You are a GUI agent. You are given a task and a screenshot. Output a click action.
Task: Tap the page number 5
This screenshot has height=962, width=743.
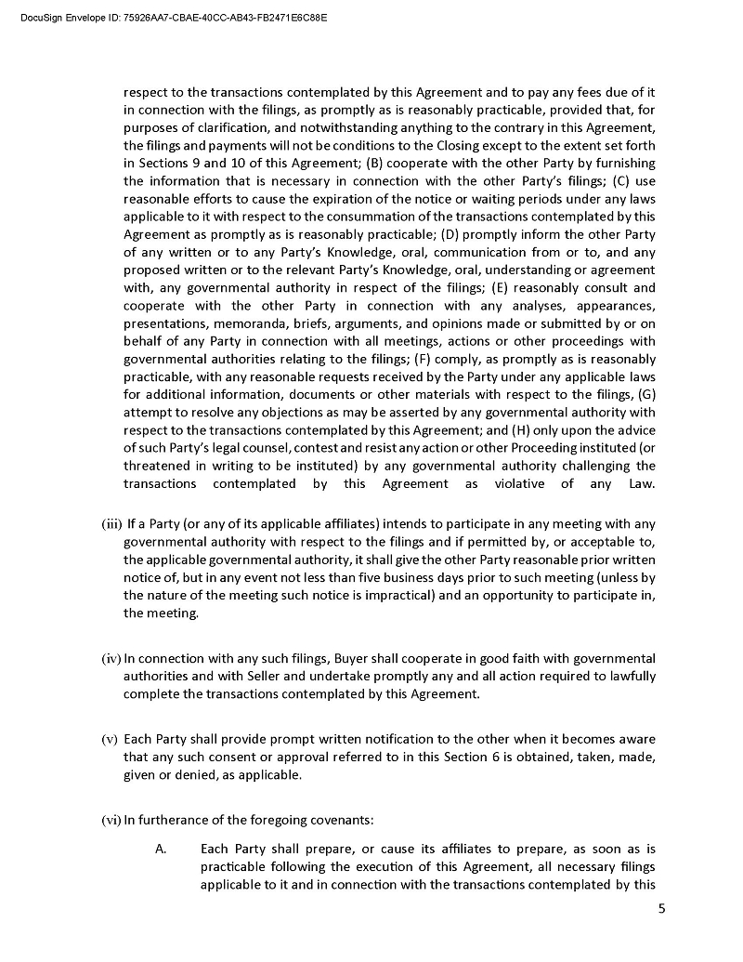pos(661,909)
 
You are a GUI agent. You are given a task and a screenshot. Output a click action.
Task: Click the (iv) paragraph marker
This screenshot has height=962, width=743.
pos(111,659)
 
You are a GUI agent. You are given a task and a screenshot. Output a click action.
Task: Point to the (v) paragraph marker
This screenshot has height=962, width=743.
pos(111,740)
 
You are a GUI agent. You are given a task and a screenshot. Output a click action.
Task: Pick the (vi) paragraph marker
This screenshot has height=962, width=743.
pos(111,819)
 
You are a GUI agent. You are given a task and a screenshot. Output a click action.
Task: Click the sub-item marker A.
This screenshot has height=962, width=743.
pos(161,850)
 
